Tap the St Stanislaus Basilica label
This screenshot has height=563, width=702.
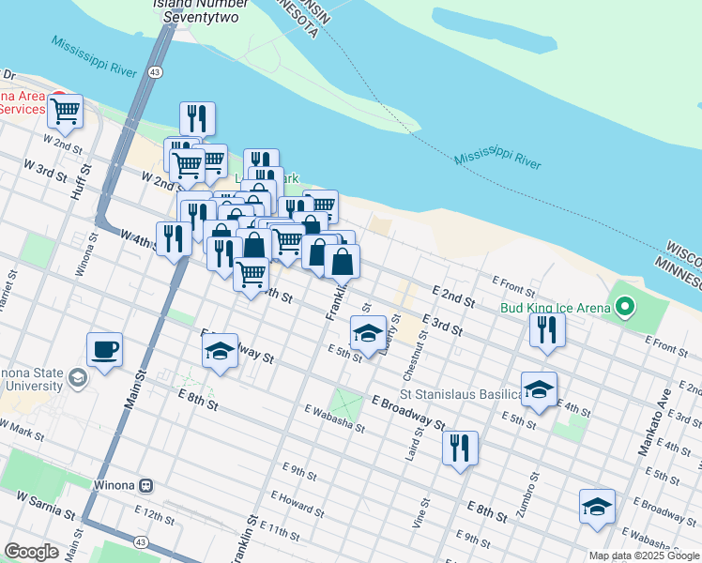coord(460,393)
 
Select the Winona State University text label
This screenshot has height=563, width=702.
coord(33,380)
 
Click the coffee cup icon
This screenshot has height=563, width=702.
coord(104,350)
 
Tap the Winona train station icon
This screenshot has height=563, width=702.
coord(146,485)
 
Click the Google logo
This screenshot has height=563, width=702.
coord(31,551)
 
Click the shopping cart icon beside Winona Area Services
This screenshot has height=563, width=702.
coord(65,111)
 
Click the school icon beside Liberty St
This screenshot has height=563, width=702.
coord(368,332)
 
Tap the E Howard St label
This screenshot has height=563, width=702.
coord(298,502)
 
